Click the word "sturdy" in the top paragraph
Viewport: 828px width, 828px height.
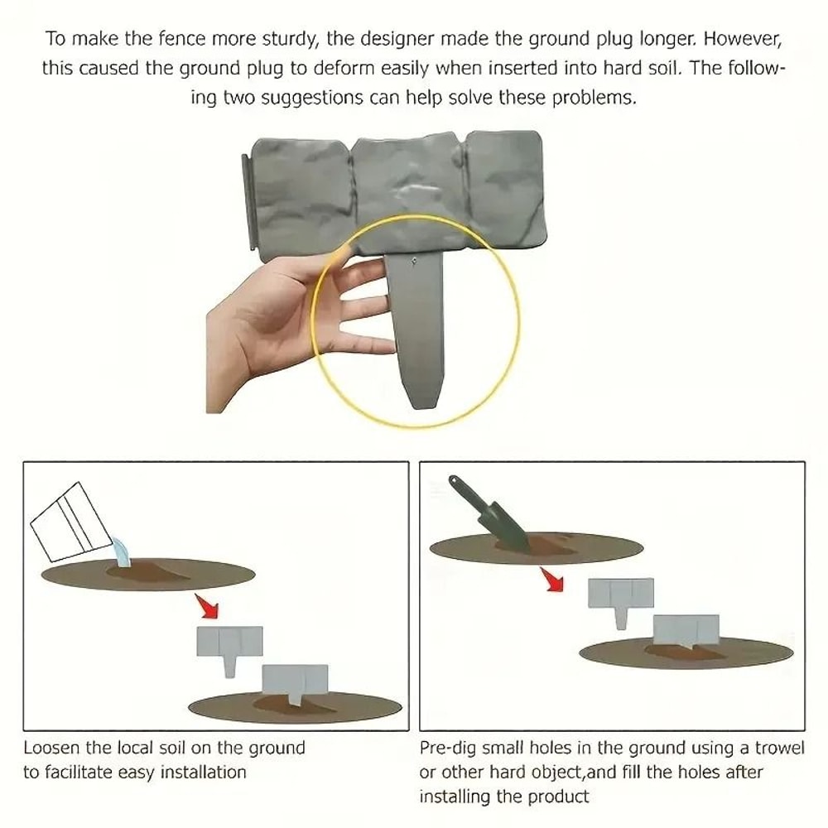tap(286, 40)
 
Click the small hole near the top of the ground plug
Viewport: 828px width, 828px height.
tap(414, 261)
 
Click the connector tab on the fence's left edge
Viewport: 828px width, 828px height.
tap(246, 203)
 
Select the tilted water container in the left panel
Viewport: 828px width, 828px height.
tap(71, 522)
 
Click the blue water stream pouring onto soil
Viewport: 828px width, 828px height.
tap(121, 552)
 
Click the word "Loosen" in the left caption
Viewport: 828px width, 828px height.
tap(52, 748)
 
